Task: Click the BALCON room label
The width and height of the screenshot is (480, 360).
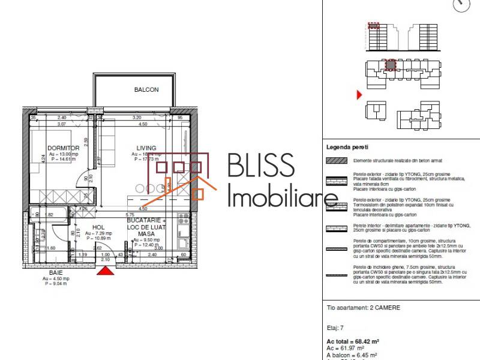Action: (x=146, y=90)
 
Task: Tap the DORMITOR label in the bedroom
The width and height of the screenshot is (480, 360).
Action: (x=63, y=148)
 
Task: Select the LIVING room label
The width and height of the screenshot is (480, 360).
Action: (x=146, y=148)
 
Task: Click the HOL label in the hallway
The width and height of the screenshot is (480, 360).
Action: (x=98, y=227)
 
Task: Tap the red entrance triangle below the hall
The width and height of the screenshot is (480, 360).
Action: (x=106, y=272)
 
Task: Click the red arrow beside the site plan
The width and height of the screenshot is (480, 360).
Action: (x=359, y=95)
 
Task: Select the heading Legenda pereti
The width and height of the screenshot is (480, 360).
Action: (x=347, y=146)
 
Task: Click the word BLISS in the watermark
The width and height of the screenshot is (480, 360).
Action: (x=261, y=167)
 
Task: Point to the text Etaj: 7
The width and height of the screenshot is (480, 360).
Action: (x=335, y=328)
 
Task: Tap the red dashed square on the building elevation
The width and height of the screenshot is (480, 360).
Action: (x=374, y=26)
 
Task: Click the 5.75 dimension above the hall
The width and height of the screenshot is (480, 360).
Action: (x=129, y=214)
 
